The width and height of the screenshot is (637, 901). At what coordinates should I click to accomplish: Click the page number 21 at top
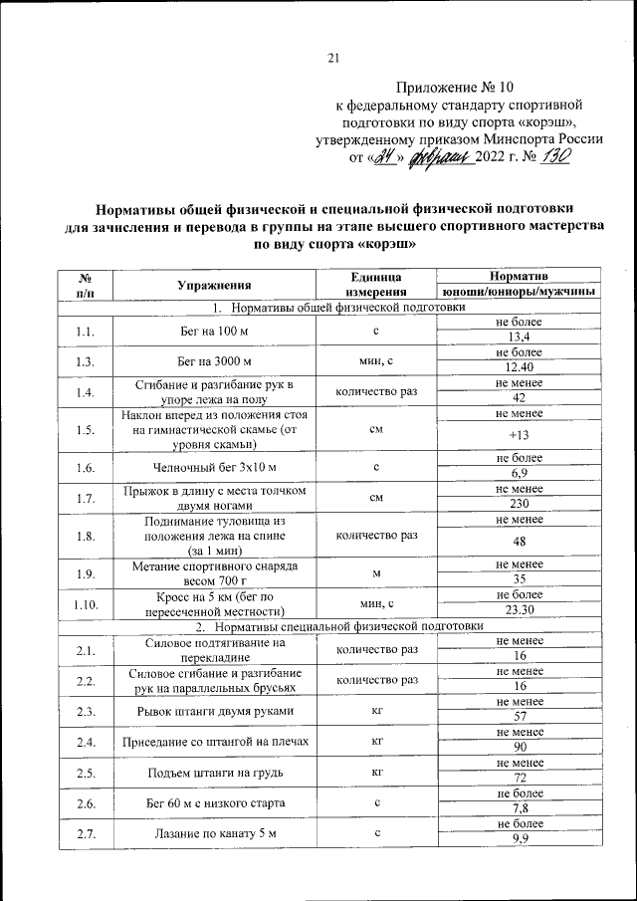334,58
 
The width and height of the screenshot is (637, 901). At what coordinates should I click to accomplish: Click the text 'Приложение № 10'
455,87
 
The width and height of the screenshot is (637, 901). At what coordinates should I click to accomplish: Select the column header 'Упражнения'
213,284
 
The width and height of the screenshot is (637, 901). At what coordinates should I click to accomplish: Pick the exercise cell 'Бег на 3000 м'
213,360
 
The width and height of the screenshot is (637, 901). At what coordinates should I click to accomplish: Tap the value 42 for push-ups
518,398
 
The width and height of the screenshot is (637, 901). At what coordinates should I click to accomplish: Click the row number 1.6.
85,467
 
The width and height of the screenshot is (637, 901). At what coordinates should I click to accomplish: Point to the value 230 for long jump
518,505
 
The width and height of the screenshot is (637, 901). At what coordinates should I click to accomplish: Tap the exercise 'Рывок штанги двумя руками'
213,711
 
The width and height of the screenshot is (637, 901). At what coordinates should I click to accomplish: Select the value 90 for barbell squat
518,748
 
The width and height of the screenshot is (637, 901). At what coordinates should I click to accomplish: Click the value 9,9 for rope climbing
518,839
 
